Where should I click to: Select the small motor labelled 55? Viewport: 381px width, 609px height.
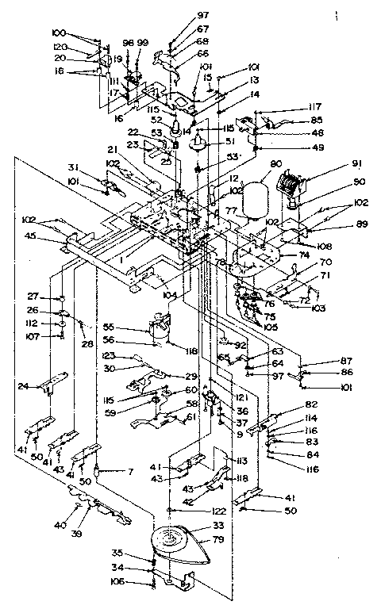click(162, 328)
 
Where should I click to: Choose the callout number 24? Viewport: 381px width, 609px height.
click(24, 386)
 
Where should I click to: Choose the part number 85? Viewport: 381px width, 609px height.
click(317, 120)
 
